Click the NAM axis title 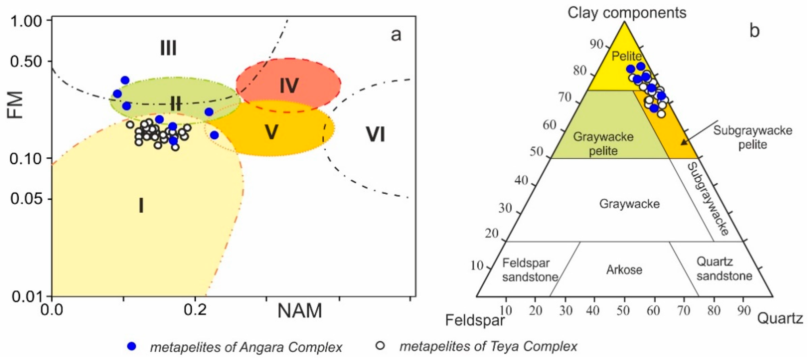pos(300,311)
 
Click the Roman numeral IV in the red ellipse pos(289,86)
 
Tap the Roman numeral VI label pos(375,135)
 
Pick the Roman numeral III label pos(168,48)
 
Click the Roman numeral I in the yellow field pos(141,206)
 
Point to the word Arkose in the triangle pos(624,270)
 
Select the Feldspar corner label pos(475,320)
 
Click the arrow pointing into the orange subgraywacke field pos(700,133)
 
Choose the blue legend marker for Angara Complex pos(132,346)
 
